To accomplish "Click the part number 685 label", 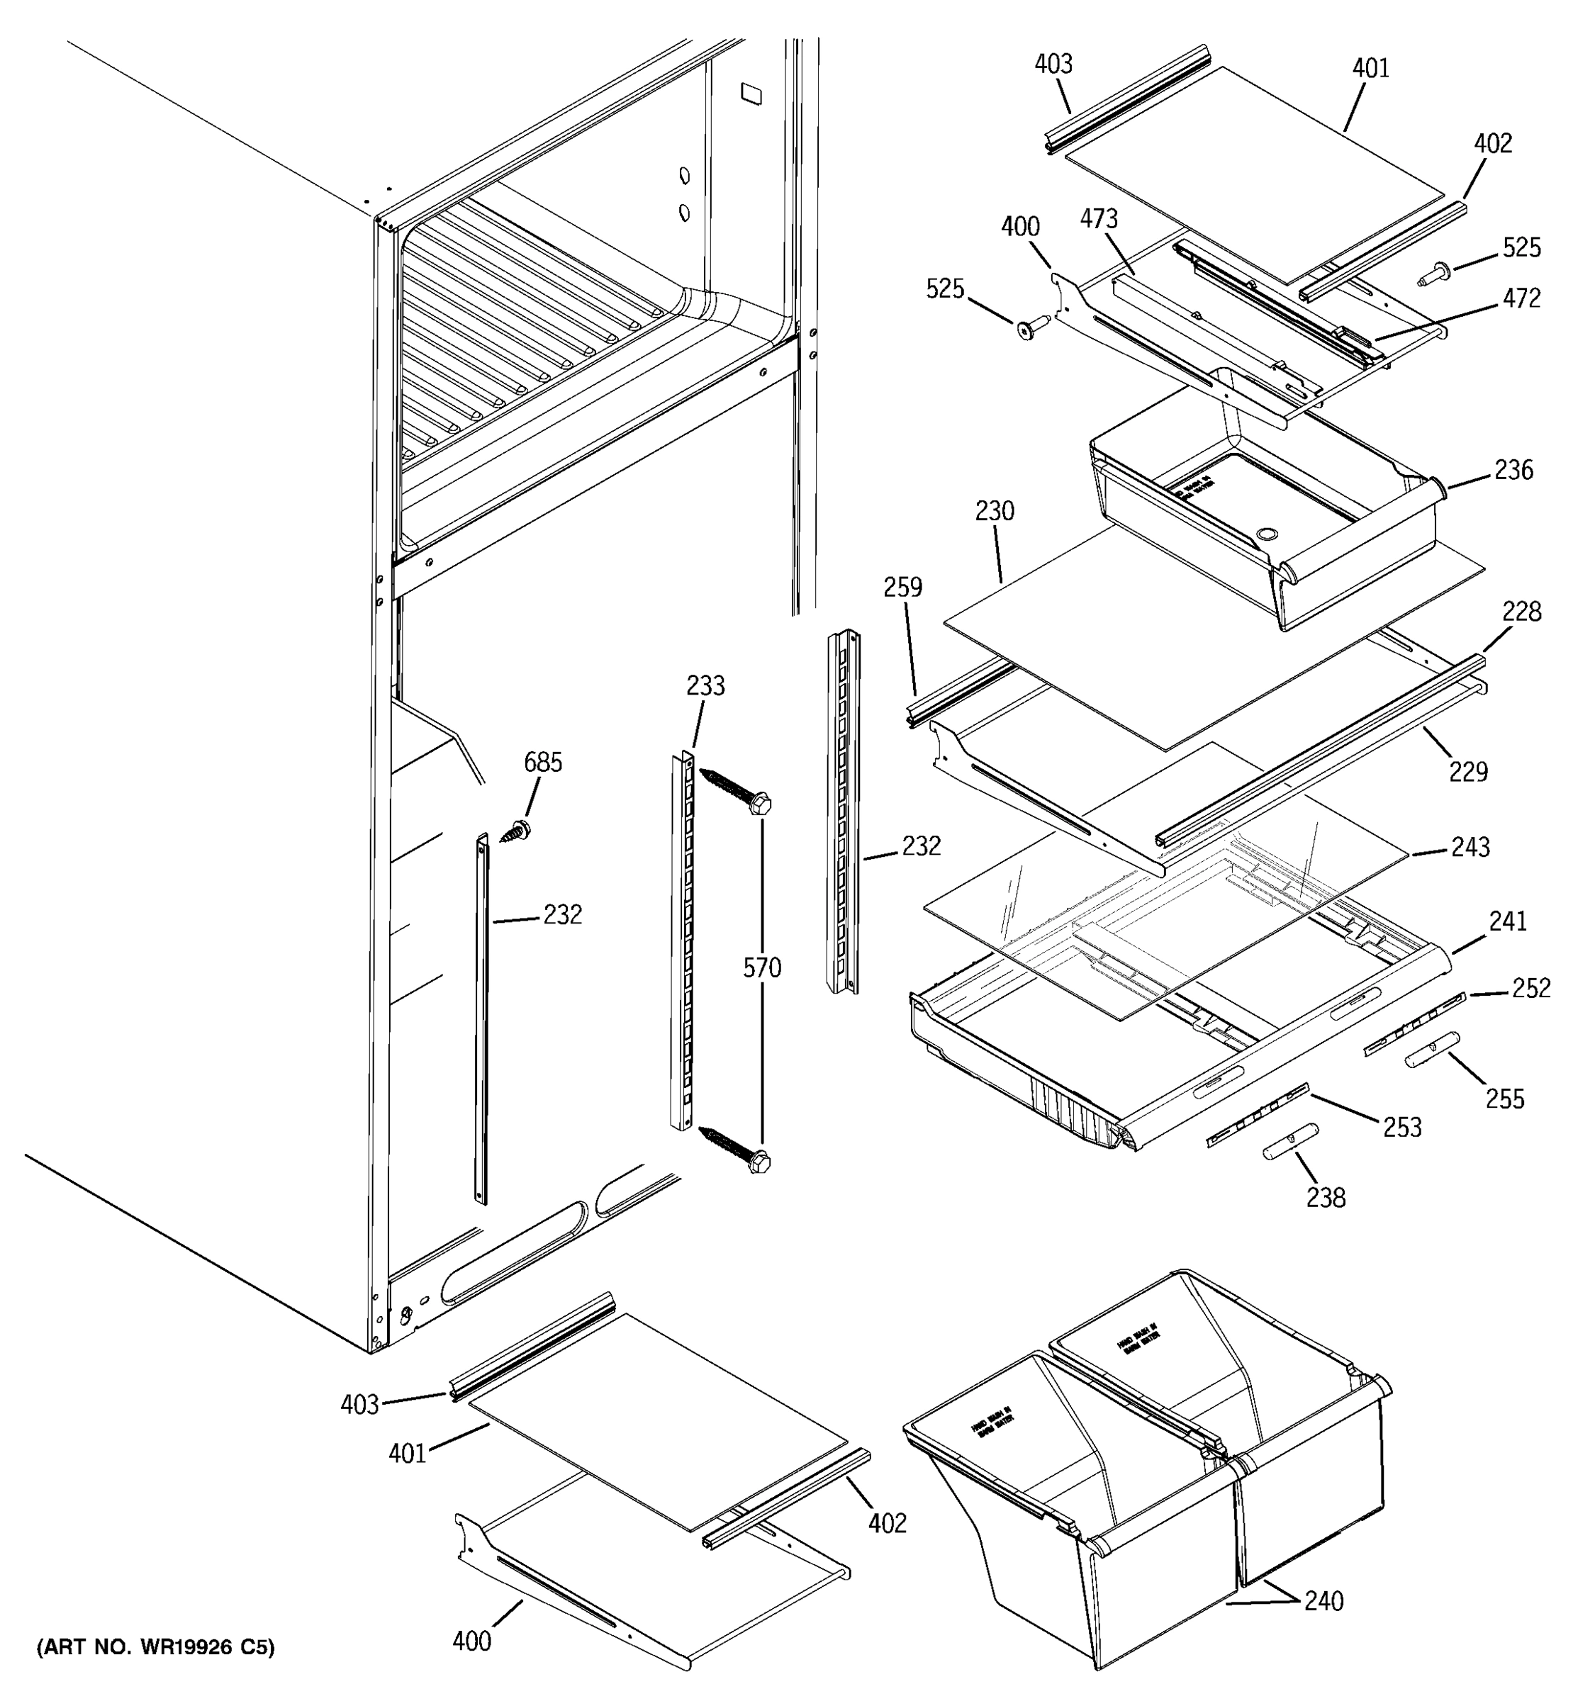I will pos(542,763).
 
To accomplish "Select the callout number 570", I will pos(761,967).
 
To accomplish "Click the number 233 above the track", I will pos(705,685).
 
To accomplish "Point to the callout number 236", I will pos(1513,470).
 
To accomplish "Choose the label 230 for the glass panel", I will pos(995,511).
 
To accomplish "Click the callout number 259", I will pos(902,587).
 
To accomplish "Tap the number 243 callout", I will pos(1470,847).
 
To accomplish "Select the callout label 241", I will pos(1508,921).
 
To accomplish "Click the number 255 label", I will pos(1504,1099).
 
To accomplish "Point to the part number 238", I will pos(1326,1198).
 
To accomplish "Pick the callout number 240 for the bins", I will pos(1323,1600).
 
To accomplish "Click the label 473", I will pos(1099,219).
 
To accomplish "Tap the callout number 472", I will pos(1521,298).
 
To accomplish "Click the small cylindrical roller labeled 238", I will pos(1289,1141).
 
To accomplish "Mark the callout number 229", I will pos(1468,772).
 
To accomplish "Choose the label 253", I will pos(1402,1127).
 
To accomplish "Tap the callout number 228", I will pos(1521,612).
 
